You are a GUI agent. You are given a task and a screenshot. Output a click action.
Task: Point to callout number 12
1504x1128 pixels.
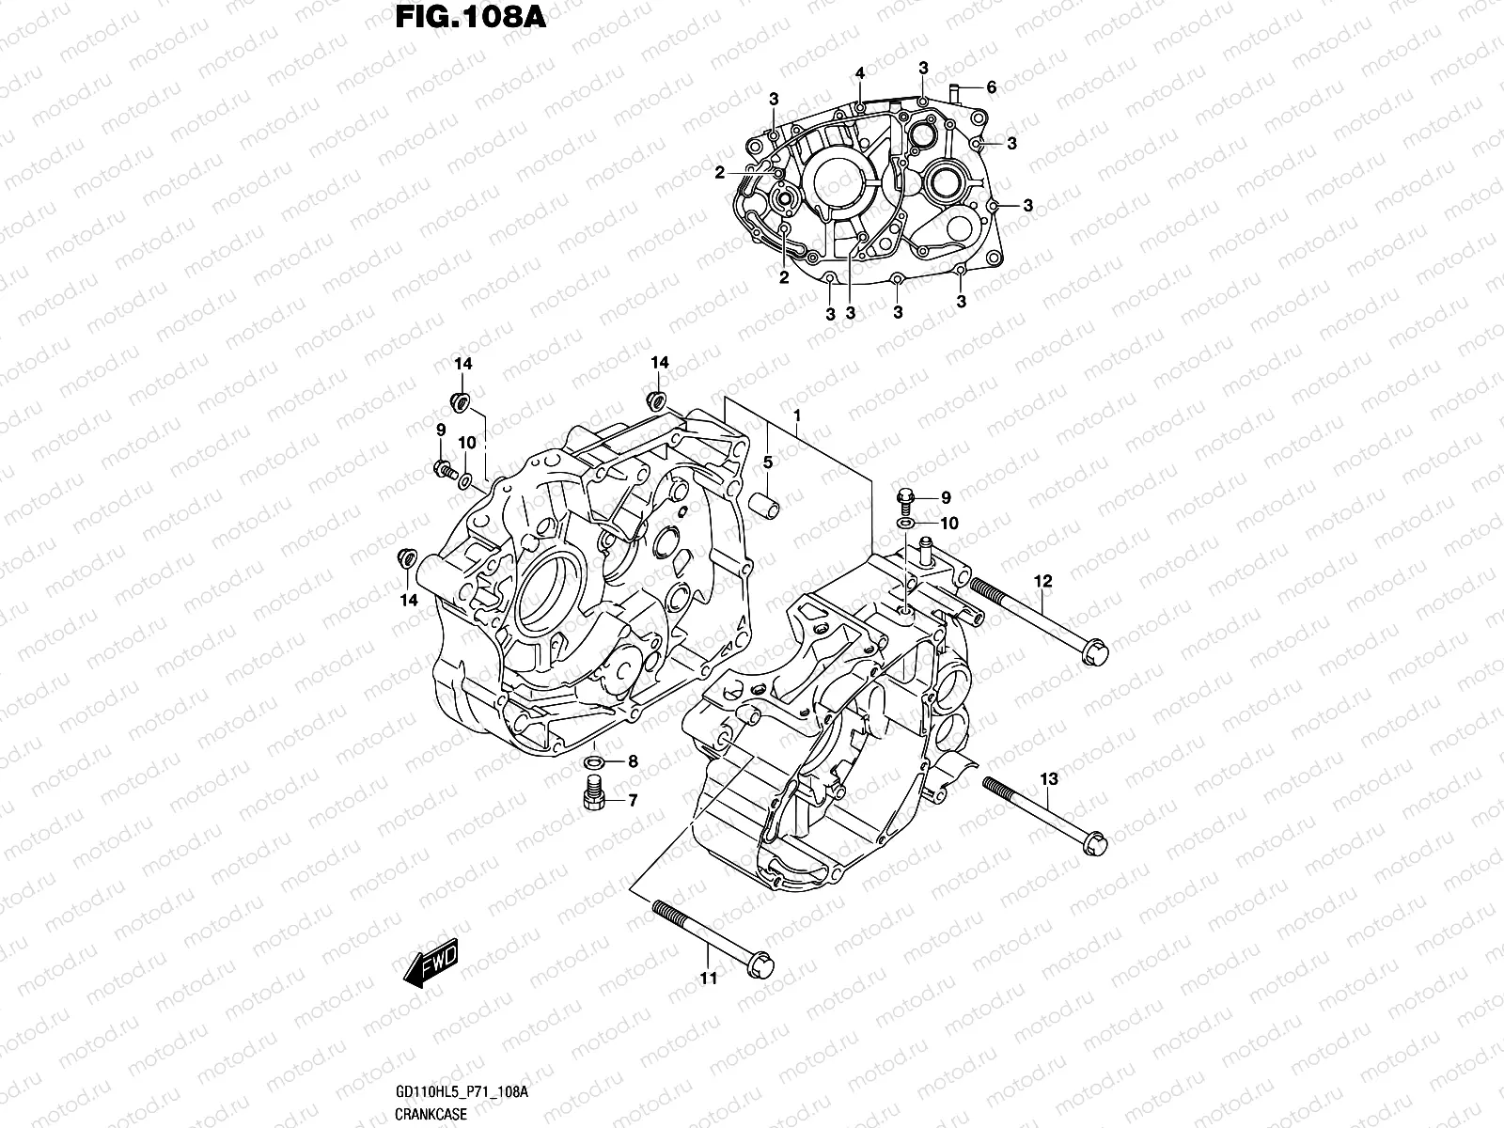(x=1044, y=581)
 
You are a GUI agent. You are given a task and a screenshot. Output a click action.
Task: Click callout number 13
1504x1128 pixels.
(x=1049, y=778)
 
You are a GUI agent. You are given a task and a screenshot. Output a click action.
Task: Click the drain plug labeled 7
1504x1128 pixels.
(x=593, y=794)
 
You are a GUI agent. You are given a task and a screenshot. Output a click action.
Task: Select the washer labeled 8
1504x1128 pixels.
(x=594, y=760)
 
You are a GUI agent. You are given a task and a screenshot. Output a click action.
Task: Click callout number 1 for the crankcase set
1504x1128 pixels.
(x=796, y=415)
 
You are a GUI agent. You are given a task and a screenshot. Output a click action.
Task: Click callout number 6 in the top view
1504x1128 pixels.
(x=991, y=86)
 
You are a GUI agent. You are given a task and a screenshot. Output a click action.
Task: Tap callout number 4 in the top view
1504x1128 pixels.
(x=859, y=72)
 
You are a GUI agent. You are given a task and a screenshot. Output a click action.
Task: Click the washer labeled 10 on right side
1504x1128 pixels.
(x=905, y=523)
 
